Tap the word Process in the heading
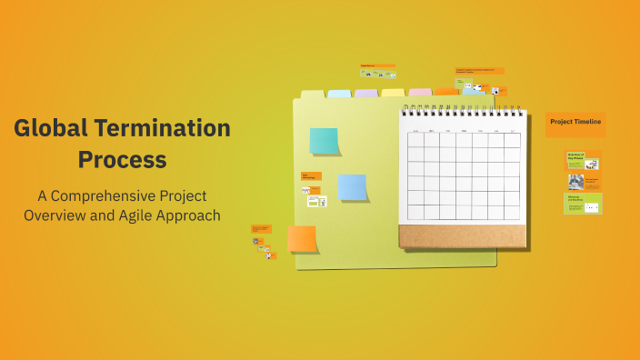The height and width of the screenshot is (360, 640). point(122,159)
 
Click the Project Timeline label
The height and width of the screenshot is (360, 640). point(575,122)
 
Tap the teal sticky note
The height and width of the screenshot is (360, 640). point(324,141)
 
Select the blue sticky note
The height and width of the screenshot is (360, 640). point(352,186)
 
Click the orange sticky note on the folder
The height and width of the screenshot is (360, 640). point(302,239)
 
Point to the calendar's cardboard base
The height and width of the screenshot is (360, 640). point(462,235)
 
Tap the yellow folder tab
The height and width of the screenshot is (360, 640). point(393,93)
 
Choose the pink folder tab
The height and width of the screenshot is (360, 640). point(420,93)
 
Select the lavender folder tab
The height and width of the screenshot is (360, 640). point(365,94)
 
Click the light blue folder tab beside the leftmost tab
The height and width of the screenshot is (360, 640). point(339,94)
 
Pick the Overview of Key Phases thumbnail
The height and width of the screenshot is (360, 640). point(583,160)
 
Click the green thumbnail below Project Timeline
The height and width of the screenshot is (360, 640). point(583,204)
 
